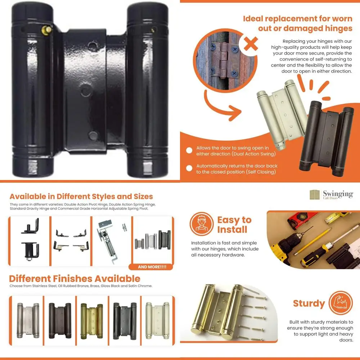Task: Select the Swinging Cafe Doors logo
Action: point(331,195)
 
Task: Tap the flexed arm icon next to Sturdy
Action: point(341,303)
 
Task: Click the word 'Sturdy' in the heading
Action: point(309,303)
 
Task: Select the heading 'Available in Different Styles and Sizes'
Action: point(81,197)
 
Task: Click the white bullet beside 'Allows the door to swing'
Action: point(189,150)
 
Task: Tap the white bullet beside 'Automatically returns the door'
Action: point(189,168)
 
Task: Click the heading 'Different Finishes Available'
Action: point(75,279)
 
